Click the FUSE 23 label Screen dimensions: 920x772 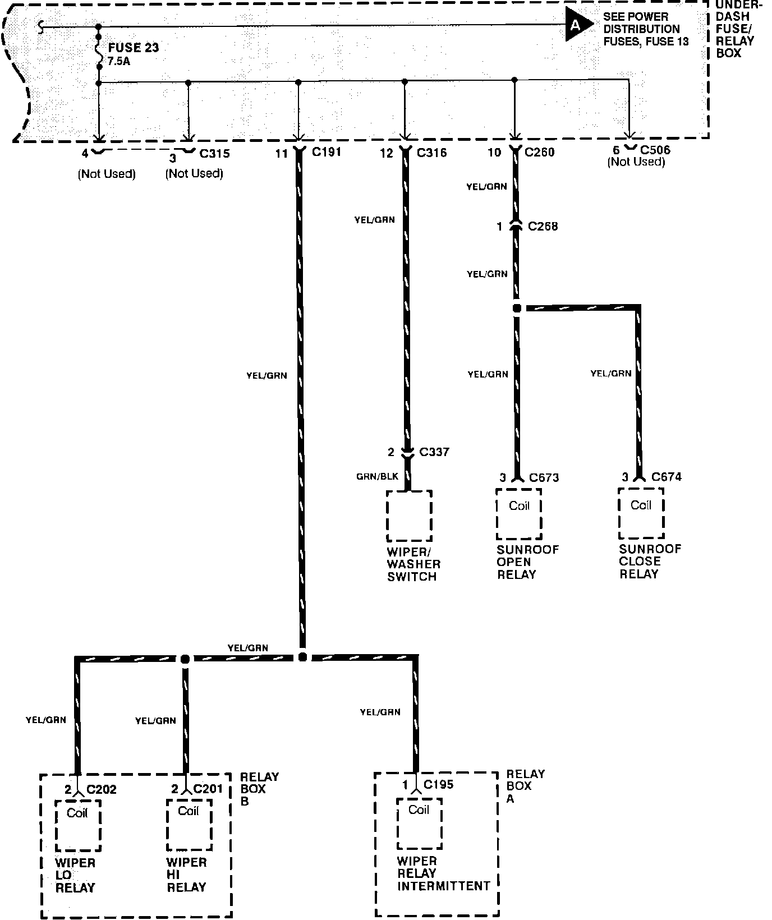point(134,48)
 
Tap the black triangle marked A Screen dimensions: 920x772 point(577,25)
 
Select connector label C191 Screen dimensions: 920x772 point(327,152)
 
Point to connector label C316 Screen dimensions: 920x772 point(431,153)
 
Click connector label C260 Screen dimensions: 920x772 point(540,152)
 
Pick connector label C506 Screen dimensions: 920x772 point(655,150)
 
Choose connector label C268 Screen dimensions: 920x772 point(543,227)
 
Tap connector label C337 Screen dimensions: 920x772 point(434,452)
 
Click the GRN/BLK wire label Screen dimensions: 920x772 point(377,477)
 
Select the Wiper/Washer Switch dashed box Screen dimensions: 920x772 point(409,516)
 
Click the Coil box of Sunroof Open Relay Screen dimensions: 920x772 point(519,513)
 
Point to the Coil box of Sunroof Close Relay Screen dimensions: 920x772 point(641,513)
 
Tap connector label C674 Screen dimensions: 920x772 point(667,477)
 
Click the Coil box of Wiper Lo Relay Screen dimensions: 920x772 point(77,825)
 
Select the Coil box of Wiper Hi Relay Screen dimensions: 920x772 point(189,824)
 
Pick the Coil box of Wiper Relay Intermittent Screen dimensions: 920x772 point(419,823)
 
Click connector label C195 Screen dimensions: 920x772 point(438,785)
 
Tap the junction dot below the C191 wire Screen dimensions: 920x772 point(302,657)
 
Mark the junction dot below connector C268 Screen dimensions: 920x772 point(517,309)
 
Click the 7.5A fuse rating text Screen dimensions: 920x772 point(118,61)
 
